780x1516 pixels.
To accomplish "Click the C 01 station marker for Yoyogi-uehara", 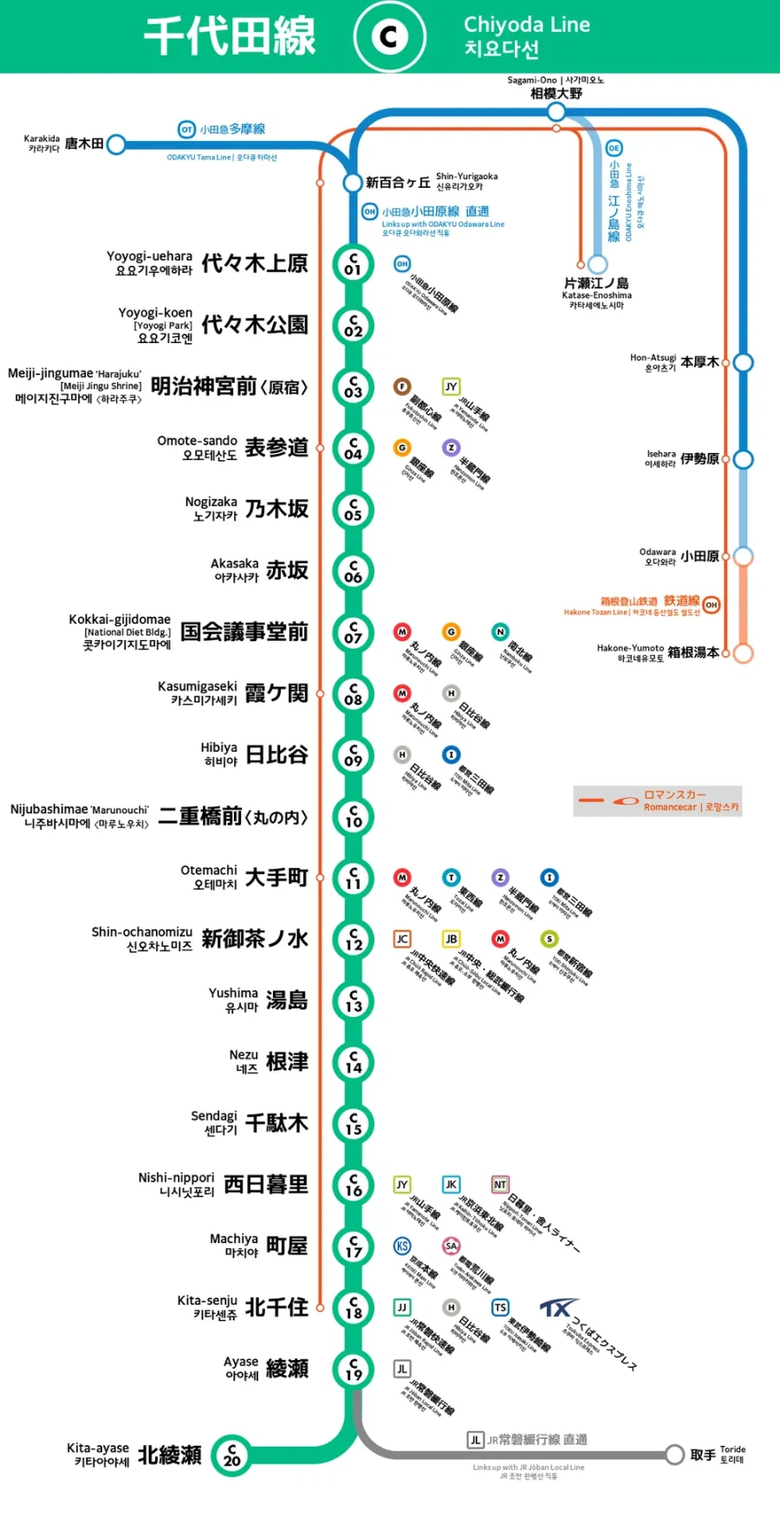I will tap(353, 264).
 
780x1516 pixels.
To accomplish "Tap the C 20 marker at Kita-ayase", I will tap(231, 1454).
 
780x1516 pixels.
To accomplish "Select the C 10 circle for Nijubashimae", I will tap(353, 817).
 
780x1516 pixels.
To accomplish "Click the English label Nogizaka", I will tap(211, 502).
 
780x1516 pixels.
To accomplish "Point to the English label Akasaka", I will tap(234, 563).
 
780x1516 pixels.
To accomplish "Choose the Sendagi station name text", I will tap(213, 1116).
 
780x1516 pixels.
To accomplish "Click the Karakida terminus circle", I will tap(115, 144).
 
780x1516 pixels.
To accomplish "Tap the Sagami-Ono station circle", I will tap(556, 112).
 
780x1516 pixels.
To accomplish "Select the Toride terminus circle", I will tap(674, 1454).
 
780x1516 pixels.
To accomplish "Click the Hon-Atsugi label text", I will tap(653, 357).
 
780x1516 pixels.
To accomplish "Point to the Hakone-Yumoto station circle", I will tap(743, 653).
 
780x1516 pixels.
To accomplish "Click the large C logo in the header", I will tap(389, 36).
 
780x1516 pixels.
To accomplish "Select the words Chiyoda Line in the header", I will tap(527, 24).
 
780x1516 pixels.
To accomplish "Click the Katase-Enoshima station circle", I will tap(597, 263).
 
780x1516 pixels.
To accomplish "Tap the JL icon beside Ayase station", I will tap(402, 1369).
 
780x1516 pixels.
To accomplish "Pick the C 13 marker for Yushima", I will tap(353, 1001).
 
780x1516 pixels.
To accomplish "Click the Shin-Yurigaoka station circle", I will tap(352, 183).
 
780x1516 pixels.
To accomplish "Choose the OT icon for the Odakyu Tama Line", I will tap(186, 129).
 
